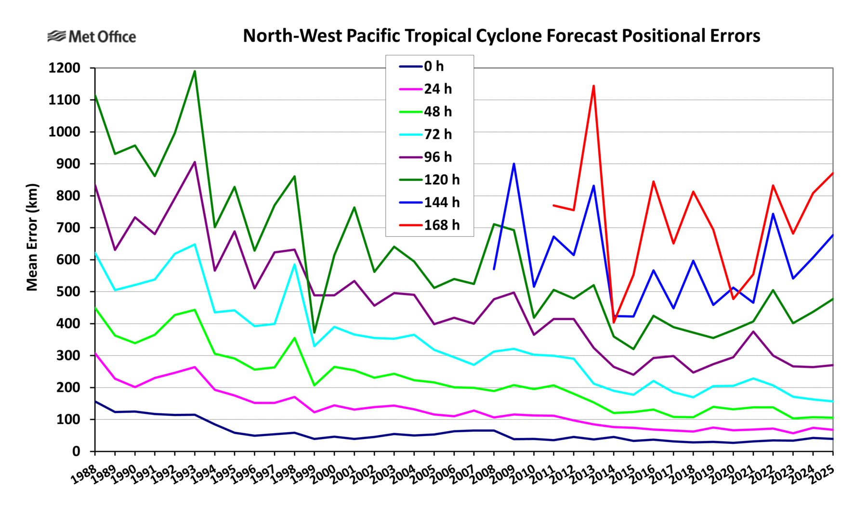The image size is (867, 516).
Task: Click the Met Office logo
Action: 92,37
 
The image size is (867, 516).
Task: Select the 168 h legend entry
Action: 429,225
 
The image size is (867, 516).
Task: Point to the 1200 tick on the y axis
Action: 64,68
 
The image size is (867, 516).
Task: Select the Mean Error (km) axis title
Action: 32,237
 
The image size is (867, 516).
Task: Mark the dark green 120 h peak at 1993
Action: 195,71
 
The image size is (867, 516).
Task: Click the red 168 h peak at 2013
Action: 593,86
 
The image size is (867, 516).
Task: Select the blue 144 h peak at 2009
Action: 514,164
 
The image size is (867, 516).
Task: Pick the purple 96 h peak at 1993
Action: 195,162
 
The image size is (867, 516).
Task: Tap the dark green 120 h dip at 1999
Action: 315,333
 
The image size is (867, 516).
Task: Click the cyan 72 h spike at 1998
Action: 294,264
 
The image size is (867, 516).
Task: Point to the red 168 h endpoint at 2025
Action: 832,173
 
